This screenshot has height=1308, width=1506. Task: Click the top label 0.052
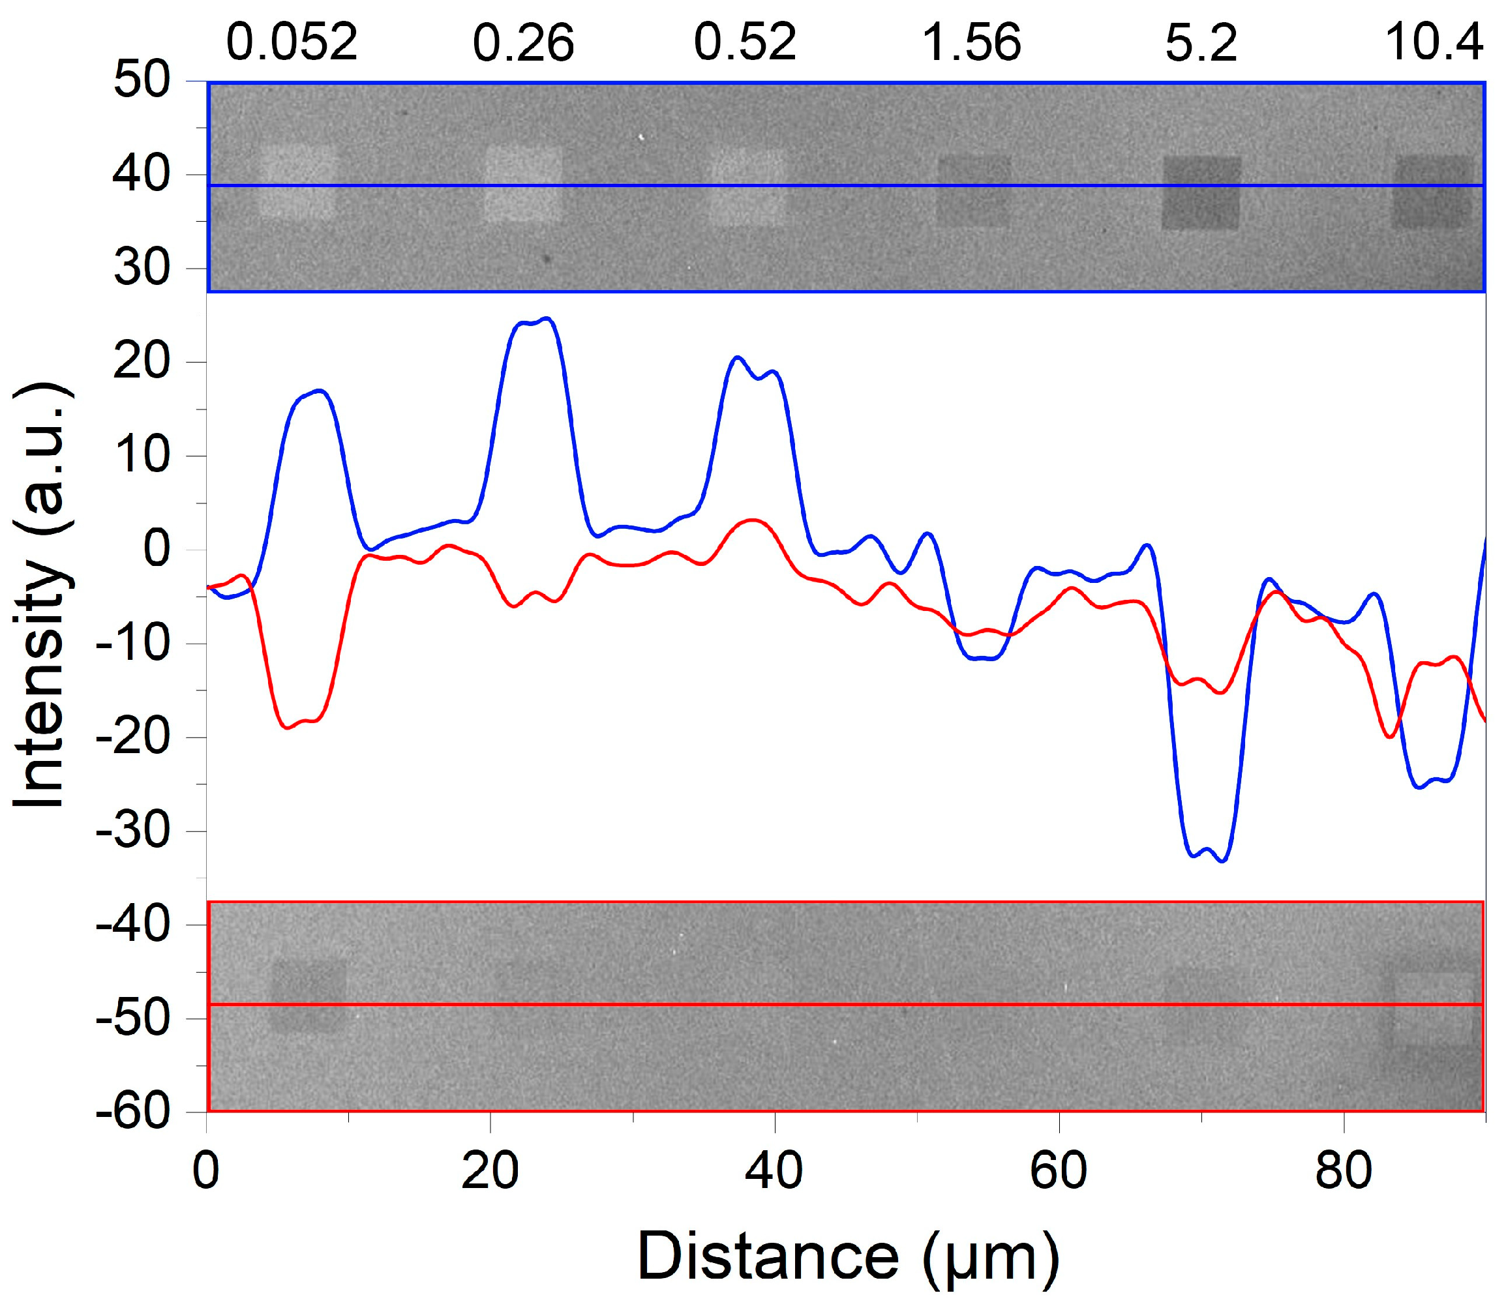click(292, 42)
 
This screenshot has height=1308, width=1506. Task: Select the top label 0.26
click(523, 42)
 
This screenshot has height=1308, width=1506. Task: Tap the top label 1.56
click(972, 42)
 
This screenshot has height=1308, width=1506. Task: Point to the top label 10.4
click(1434, 42)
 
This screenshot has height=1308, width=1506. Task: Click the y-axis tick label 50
click(142, 80)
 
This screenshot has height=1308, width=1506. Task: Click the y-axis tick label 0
click(157, 549)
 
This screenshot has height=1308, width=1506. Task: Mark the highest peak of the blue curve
click(547, 318)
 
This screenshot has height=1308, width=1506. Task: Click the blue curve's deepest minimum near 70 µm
click(1223, 861)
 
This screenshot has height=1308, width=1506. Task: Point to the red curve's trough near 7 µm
click(288, 727)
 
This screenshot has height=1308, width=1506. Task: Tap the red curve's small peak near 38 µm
click(752, 520)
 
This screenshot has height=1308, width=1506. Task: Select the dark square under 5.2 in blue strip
click(1201, 194)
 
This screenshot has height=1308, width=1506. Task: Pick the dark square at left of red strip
click(309, 994)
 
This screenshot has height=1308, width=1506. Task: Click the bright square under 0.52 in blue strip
click(746, 188)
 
